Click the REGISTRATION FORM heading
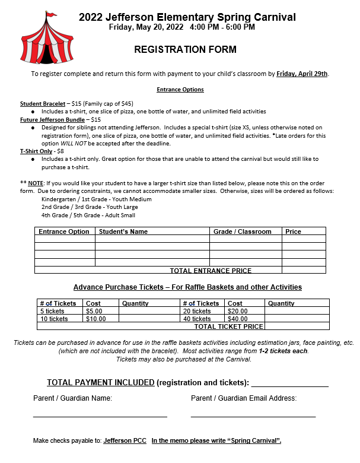pyautogui.click(x=185, y=50)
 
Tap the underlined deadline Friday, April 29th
pyautogui.click(x=302, y=74)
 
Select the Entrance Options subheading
pyautogui.click(x=180, y=90)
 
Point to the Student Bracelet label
pyautogui.click(x=44, y=104)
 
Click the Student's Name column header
pyautogui.click(x=123, y=231)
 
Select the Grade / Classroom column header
pyautogui.click(x=242, y=231)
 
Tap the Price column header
pyautogui.click(x=293, y=231)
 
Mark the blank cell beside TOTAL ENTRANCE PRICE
pyautogui.click(x=303, y=270)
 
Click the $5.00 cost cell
pyautogui.click(x=94, y=311)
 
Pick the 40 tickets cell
pyautogui.click(x=197, y=319)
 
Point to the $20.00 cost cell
pyautogui.click(x=237, y=311)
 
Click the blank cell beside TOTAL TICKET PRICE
pyautogui.click(x=297, y=326)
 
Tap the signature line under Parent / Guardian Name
pyautogui.click(x=100, y=416)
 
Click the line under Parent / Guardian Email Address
pyautogui.click(x=253, y=416)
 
